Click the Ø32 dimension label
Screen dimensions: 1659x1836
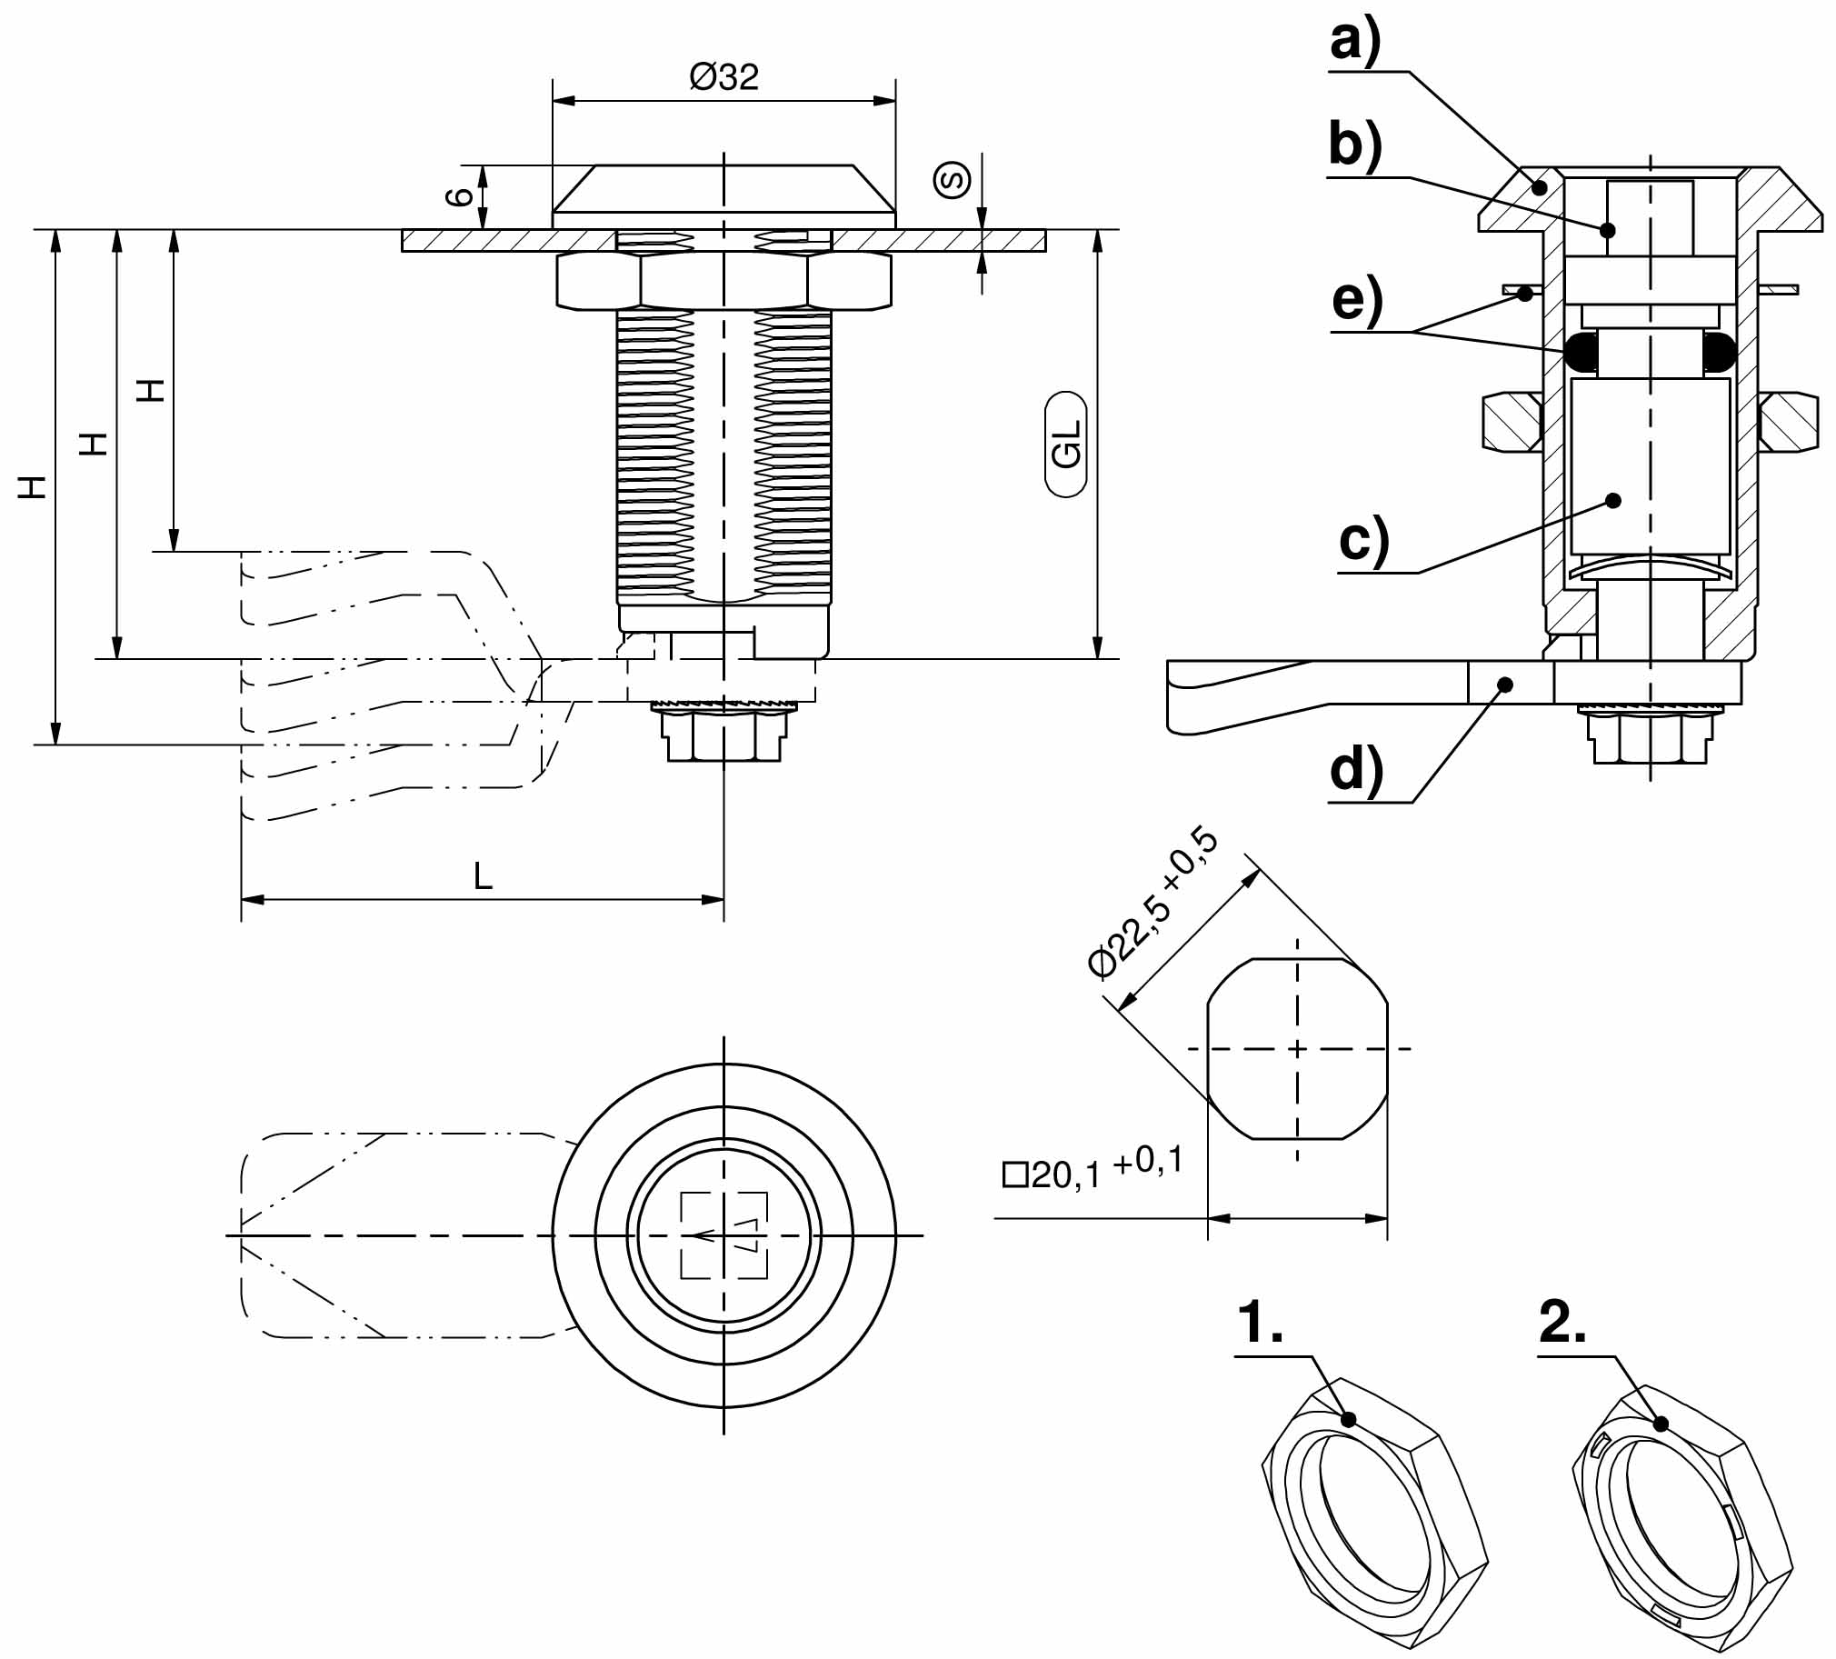click(x=724, y=77)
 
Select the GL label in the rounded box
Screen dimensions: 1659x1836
click(x=1066, y=445)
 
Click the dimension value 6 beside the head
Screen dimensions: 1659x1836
click(x=463, y=195)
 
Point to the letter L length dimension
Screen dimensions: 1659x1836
click(x=483, y=876)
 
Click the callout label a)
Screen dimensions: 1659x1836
click(x=1355, y=41)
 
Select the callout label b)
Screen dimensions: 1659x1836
click(x=1355, y=145)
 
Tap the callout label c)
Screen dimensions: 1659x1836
click(x=1364, y=540)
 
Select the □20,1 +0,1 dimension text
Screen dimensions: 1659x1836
click(x=1092, y=1171)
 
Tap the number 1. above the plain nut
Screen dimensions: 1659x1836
click(x=1260, y=1323)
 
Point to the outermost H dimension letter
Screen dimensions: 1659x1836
click(x=34, y=487)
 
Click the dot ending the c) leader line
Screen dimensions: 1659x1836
click(x=1614, y=500)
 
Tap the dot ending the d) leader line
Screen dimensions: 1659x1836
click(x=1506, y=685)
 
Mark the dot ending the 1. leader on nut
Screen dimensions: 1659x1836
click(x=1349, y=1419)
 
